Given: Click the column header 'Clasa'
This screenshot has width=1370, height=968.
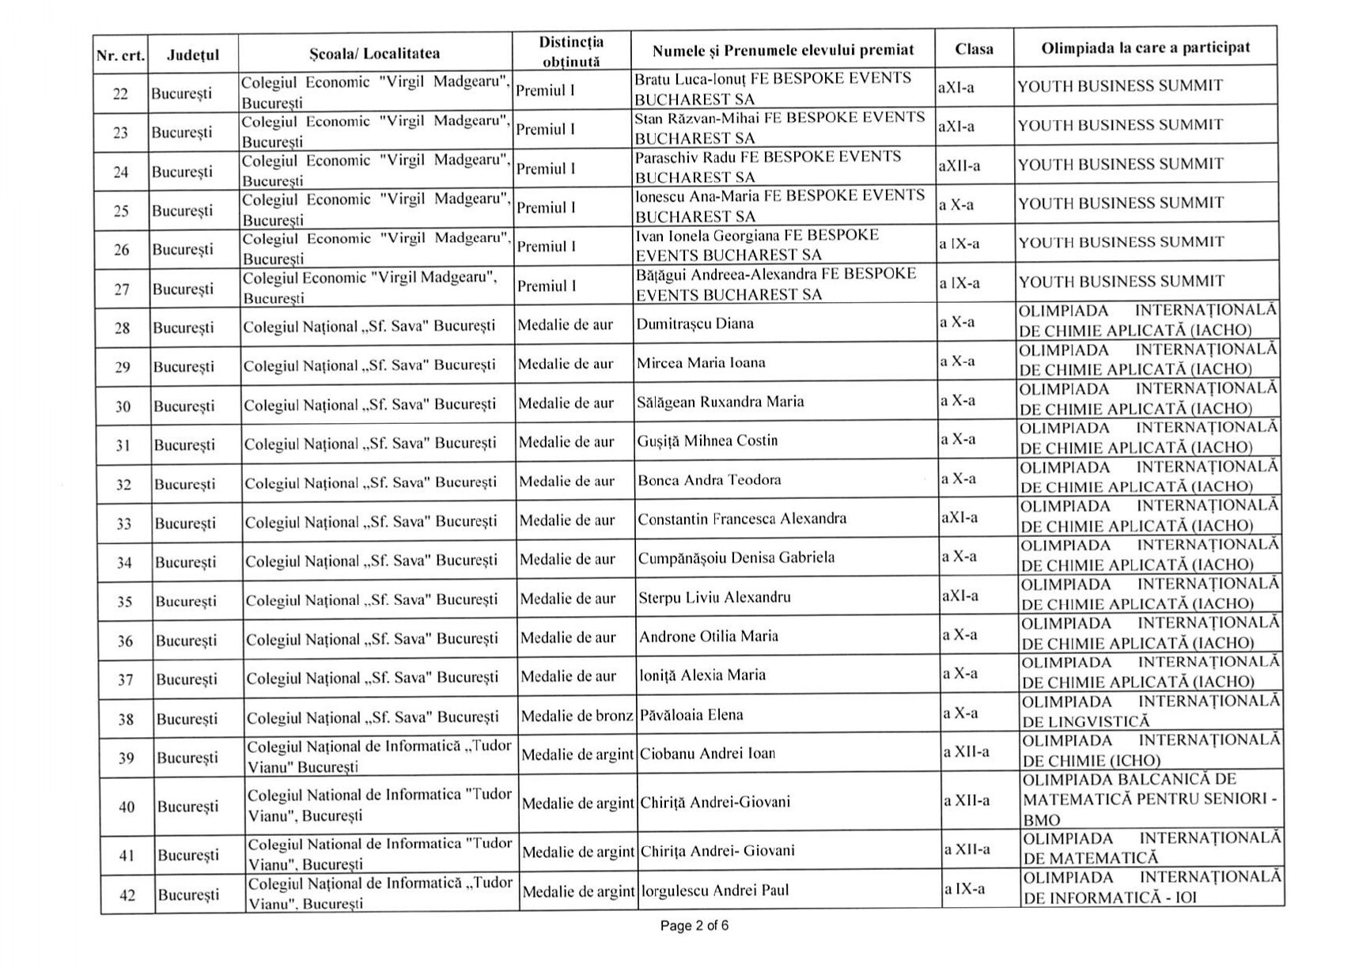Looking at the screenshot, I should (974, 49).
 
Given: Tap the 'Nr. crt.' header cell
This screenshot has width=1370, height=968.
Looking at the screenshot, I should (120, 55).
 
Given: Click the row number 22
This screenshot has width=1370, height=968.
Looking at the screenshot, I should (120, 94).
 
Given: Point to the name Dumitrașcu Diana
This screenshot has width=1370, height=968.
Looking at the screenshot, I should (694, 323).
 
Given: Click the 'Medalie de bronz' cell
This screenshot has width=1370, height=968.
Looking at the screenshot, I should (577, 716).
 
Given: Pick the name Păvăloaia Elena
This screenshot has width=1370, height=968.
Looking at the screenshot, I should (691, 715).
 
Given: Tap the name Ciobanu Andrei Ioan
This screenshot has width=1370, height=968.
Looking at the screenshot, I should (707, 754).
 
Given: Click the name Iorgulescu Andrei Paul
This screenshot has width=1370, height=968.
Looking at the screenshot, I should (715, 890).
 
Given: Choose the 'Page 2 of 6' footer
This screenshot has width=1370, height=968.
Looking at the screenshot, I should (694, 925).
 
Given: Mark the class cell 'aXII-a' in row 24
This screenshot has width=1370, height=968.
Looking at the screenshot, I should (959, 166).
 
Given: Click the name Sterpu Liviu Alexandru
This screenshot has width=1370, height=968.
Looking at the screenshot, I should (714, 597).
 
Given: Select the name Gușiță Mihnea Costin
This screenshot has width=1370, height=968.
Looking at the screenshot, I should (707, 441).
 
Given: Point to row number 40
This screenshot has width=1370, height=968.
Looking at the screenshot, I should (127, 807).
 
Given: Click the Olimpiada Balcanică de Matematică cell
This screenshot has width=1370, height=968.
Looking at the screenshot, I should (1149, 800).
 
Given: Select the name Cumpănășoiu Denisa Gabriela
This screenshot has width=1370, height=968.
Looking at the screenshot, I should (736, 558).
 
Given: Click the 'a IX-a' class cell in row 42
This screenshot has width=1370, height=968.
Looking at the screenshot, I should (964, 889).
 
